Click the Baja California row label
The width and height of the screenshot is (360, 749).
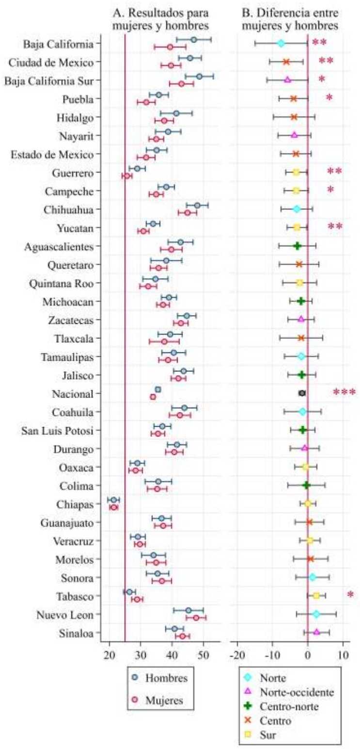pos(58,44)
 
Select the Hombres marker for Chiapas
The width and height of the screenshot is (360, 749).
pos(114,500)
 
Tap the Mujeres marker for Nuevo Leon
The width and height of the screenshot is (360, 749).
pos(196,618)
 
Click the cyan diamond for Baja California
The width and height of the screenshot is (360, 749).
pos(281,44)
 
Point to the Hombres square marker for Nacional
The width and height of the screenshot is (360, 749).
pos(158,389)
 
